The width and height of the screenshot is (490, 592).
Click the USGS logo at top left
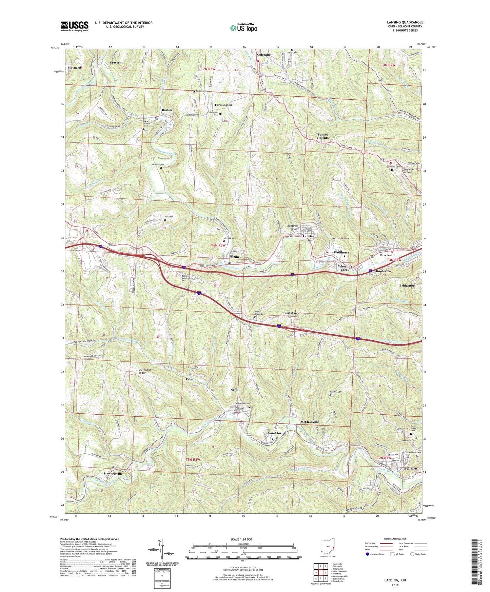point(74,26)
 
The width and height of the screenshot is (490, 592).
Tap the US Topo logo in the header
point(243,28)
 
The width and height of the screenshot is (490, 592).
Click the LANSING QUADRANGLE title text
point(405,22)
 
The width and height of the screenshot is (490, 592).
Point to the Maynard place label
point(74,68)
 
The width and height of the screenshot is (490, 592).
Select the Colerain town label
point(263,55)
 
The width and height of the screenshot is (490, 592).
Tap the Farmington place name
point(223,105)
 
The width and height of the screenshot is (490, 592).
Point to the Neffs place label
point(234,390)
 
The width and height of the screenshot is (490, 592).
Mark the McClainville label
point(310,422)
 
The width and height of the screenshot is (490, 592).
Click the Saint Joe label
point(275,433)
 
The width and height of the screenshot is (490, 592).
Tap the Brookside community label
point(388,255)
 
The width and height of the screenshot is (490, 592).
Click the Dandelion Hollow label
point(406,171)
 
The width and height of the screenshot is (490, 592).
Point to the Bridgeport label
point(407,285)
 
